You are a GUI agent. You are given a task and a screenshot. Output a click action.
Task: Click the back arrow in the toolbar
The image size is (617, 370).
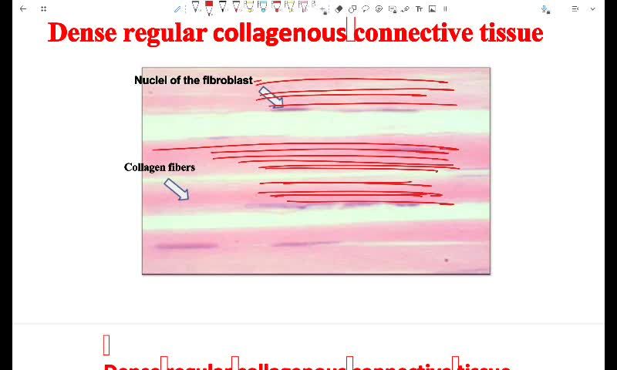point(23,8)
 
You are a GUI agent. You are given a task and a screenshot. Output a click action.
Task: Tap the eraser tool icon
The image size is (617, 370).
point(339,8)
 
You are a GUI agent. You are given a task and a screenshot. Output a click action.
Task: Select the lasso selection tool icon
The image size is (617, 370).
point(366,8)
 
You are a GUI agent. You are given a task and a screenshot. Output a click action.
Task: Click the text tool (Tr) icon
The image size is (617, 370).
point(419,8)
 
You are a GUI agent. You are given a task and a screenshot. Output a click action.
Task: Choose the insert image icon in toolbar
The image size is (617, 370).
point(432,8)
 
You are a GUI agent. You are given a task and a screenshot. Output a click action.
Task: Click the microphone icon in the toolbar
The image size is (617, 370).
point(545,8)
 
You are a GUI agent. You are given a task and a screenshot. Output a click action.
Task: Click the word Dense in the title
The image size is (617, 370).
point(82,33)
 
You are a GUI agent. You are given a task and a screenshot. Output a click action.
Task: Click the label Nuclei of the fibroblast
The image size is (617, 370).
point(193,80)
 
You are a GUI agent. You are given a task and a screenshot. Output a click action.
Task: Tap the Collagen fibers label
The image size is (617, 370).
point(160,167)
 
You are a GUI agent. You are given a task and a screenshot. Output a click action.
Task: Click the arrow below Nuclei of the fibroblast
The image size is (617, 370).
point(270,96)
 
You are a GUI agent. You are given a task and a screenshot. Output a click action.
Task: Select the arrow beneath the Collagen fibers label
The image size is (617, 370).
point(177,189)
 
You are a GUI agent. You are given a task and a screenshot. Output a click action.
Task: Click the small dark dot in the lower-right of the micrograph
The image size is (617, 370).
point(447,261)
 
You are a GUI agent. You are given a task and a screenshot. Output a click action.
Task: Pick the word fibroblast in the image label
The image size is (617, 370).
point(228,80)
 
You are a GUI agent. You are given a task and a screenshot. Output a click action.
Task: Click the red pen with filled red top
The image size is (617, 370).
point(209,8)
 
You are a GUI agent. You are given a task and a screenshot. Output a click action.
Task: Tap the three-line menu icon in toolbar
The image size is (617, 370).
point(575,8)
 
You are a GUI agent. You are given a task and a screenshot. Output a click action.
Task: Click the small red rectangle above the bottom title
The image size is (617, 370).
point(106,345)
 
